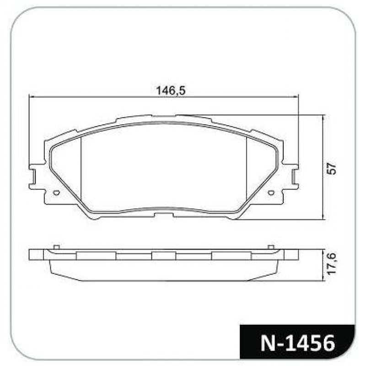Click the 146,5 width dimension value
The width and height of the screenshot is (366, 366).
click(171, 91)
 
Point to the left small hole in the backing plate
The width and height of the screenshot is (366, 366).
click(56, 193)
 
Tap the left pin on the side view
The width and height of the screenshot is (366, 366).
click(56, 248)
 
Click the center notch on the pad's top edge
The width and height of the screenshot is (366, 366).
click(163, 117)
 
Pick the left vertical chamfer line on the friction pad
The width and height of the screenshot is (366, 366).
click(81, 169)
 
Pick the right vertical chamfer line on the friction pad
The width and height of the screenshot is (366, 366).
click(247, 169)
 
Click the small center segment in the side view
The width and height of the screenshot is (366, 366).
click(163, 255)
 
